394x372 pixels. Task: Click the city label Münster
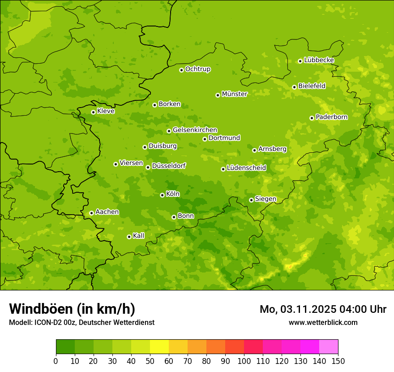click(234, 94)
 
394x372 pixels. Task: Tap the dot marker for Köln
click(162, 195)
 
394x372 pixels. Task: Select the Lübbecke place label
click(319, 60)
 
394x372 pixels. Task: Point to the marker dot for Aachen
click(91, 213)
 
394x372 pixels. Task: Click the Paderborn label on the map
click(331, 117)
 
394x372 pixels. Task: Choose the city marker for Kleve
click(93, 112)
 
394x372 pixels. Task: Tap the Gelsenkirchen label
click(195, 130)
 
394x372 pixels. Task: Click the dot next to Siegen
click(251, 200)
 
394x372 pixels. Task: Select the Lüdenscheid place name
click(246, 168)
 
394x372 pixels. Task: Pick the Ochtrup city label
click(197, 69)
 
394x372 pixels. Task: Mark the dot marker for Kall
click(129, 237)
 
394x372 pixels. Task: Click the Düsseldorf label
click(169, 166)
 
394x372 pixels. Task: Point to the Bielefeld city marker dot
click(294, 87)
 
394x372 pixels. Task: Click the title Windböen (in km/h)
click(72, 309)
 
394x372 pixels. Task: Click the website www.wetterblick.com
click(323, 322)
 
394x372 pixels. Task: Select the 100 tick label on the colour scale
click(244, 361)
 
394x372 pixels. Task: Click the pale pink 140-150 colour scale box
click(329, 347)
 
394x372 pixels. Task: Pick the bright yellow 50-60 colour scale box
click(159, 347)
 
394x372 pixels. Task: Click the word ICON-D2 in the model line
click(47, 322)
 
